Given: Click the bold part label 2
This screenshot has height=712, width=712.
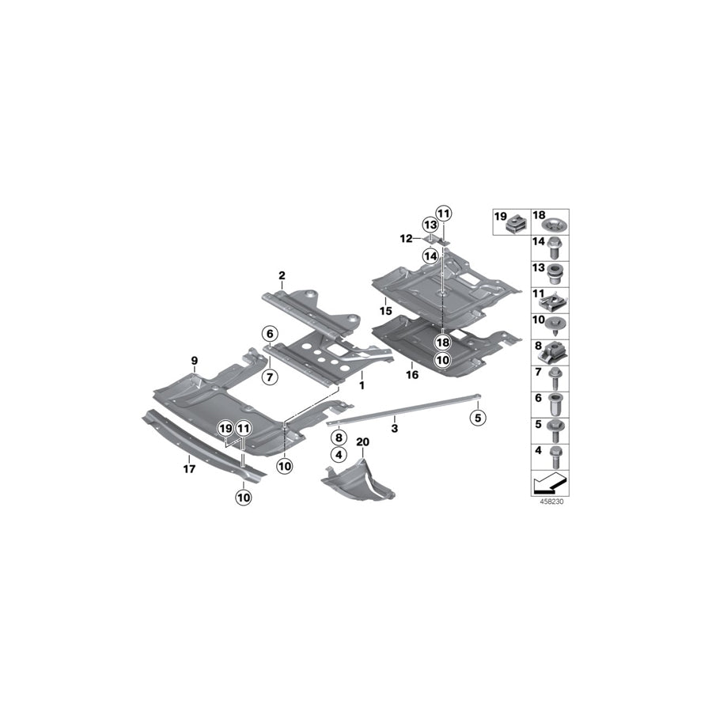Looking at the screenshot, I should [x=281, y=275].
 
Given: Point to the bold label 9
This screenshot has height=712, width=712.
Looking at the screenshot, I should [x=195, y=361].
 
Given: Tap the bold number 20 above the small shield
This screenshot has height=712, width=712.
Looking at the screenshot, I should [x=363, y=441].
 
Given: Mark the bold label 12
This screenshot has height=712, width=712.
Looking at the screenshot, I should [x=405, y=238].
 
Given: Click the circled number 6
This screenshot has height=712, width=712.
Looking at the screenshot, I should [x=269, y=333].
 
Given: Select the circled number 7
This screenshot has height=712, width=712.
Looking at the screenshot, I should [x=269, y=377].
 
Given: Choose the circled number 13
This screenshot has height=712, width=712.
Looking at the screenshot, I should [x=430, y=225].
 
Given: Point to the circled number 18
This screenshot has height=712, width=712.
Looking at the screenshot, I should [x=441, y=342].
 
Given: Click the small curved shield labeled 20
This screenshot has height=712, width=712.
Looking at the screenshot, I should [x=361, y=483].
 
